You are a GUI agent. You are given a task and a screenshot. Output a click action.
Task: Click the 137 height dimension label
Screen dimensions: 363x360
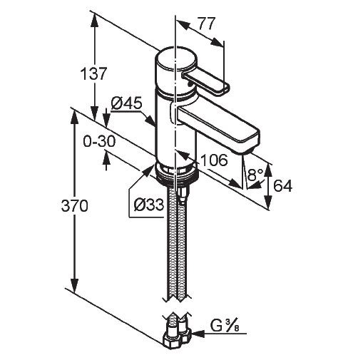[x=93, y=74]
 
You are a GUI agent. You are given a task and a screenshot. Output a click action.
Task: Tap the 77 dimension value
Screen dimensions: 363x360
[x=207, y=24]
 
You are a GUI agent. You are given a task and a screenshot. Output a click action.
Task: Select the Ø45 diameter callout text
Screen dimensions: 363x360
[x=126, y=103]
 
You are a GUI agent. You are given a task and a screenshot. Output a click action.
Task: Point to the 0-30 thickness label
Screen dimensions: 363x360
[x=99, y=142]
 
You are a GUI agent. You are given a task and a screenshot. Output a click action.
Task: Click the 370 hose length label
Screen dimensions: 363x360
[x=75, y=206]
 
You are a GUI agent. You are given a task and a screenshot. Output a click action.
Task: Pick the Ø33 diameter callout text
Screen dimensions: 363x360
[x=149, y=204]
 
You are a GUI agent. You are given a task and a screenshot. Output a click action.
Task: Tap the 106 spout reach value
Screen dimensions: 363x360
[x=214, y=160]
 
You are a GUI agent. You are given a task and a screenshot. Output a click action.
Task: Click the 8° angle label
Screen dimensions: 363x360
[x=255, y=175]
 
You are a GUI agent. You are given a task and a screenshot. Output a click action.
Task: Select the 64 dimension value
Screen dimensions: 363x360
[x=282, y=186]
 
